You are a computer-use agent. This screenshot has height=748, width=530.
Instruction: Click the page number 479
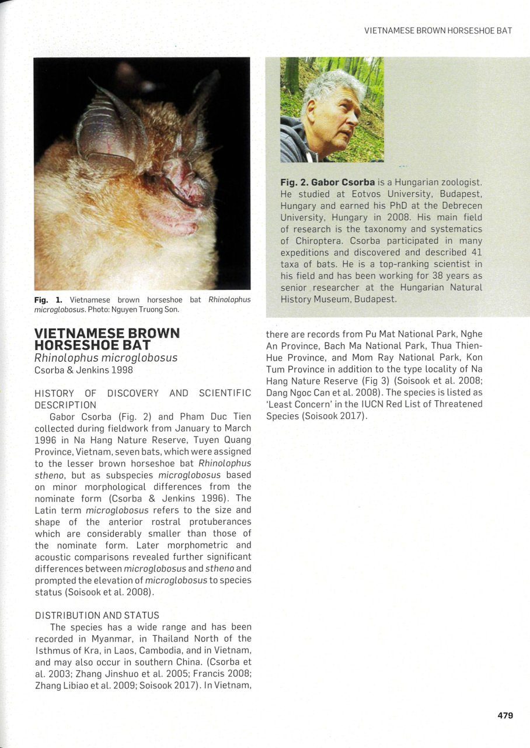505,715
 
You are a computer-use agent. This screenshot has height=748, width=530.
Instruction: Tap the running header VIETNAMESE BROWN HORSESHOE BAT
438,30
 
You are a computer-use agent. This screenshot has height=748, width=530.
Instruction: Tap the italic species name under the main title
106,358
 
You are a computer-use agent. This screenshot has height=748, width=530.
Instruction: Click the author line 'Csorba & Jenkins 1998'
84,370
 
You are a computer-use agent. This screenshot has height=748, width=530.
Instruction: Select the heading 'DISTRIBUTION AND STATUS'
97,615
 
